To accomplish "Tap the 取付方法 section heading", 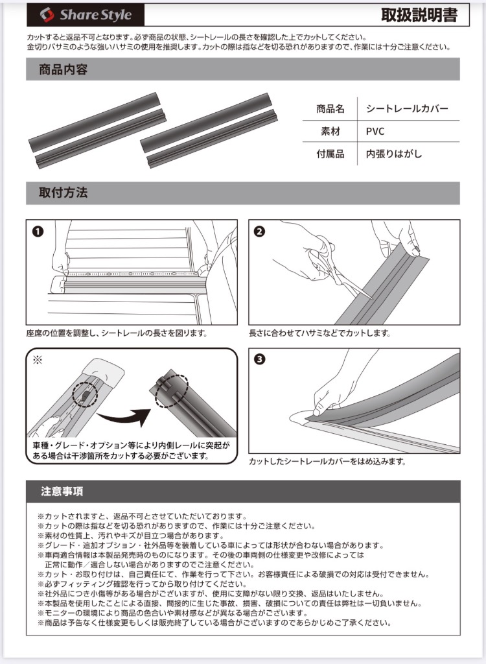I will coord(64,193).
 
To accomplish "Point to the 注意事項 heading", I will coord(62,492).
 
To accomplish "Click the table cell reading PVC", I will coord(375,131).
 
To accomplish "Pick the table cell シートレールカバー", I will coord(406,108).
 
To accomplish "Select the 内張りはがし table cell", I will coord(393,154).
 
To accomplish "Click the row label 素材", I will coord(330,131).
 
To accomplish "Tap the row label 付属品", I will coord(330,154).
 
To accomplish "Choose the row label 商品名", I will coord(330,108).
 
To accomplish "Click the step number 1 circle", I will coord(38,231).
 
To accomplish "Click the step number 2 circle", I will coord(260,231).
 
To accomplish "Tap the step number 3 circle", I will coord(260,360).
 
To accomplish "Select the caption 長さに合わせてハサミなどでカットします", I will coord(319,333).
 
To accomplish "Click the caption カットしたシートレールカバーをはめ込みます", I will coord(327,462).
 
